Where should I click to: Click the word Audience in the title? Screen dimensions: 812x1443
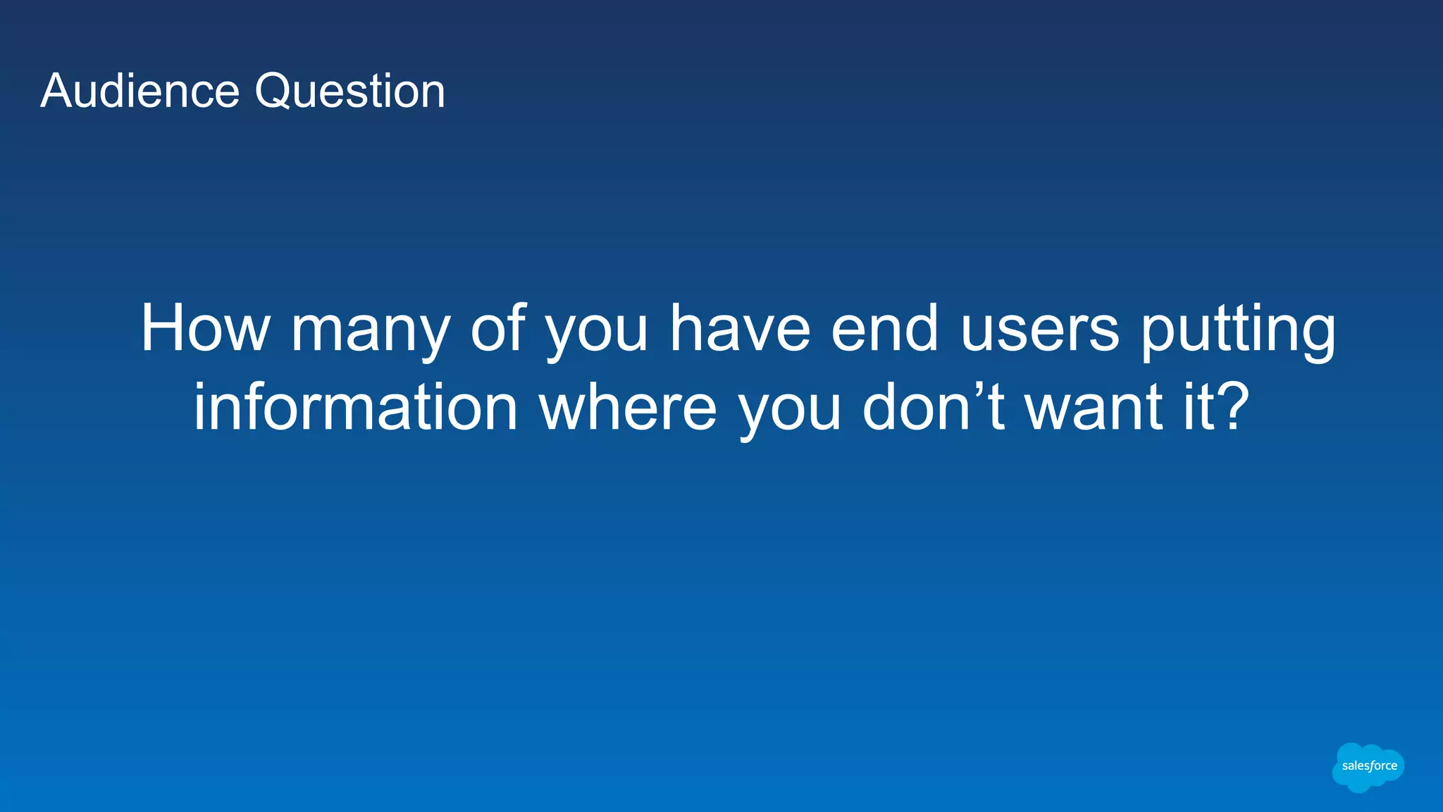pos(140,91)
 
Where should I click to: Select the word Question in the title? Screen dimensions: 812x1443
pos(349,91)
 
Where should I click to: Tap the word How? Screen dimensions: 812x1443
pos(205,328)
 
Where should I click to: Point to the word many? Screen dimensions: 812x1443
pos(370,330)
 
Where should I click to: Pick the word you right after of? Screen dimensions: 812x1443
pos(597,330)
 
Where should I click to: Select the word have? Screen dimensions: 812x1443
pos(740,328)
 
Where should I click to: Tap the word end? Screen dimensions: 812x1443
pos(885,328)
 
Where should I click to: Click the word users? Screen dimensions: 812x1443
pos(1040,330)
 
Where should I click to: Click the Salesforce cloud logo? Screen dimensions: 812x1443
pos(1368,767)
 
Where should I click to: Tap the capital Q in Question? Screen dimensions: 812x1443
pos(277,91)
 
